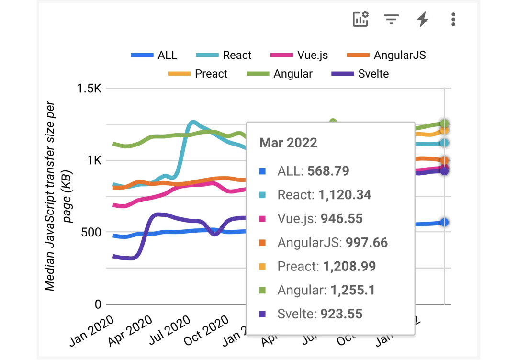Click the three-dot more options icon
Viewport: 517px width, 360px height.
point(453,20)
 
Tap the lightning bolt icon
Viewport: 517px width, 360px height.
point(422,20)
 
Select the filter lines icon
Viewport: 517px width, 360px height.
point(391,20)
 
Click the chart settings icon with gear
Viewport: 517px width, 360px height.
point(360,20)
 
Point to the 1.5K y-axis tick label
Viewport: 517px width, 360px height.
point(90,89)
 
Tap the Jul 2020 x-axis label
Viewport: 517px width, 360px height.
point(170,331)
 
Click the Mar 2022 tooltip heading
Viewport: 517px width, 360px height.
point(288,143)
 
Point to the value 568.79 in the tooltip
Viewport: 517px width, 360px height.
point(328,171)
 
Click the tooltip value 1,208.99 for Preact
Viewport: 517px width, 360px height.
point(349,266)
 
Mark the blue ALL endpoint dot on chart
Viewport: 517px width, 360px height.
point(444,222)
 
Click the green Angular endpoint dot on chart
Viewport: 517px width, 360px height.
point(444,124)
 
